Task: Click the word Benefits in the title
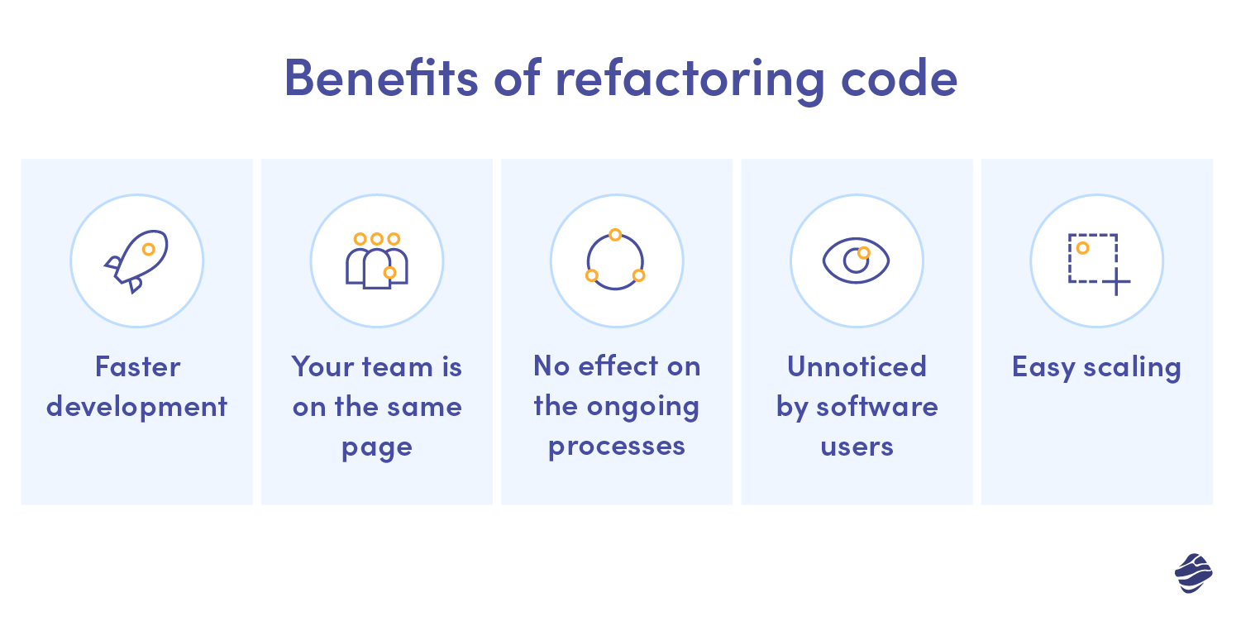click(x=381, y=78)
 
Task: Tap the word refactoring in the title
click(x=690, y=81)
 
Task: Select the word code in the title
click(x=900, y=78)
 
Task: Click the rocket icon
click(x=137, y=261)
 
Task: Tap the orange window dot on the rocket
click(x=149, y=249)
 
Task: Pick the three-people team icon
click(x=377, y=260)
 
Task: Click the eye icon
click(x=856, y=260)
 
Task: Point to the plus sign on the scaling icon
click(x=1116, y=282)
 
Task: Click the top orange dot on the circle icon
click(x=615, y=235)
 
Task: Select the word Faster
click(x=137, y=366)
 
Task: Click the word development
click(x=137, y=407)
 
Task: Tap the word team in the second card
click(x=397, y=367)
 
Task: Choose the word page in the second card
click(x=377, y=448)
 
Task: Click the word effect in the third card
click(x=618, y=366)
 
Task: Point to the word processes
click(x=617, y=447)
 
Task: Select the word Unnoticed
click(x=857, y=366)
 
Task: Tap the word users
click(x=857, y=447)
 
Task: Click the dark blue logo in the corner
click(x=1193, y=573)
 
